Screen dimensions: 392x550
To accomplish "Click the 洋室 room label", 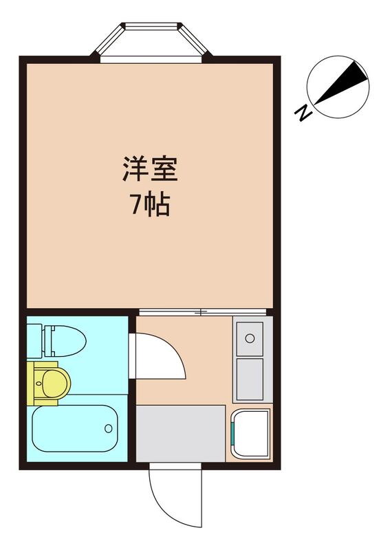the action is pyautogui.click(x=150, y=169).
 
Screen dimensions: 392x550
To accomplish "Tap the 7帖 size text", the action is pyautogui.click(x=150, y=204).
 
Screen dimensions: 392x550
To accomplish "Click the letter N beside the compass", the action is pyautogui.click(x=303, y=113).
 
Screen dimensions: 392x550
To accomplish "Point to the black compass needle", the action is pyautogui.click(x=341, y=82).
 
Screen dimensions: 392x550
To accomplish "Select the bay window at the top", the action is pyautogui.click(x=151, y=43).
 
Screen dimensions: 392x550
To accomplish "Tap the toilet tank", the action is pyautogui.click(x=35, y=341).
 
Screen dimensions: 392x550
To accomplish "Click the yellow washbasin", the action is pyautogui.click(x=49, y=384).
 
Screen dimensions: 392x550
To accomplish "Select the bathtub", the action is pyautogui.click(x=75, y=428).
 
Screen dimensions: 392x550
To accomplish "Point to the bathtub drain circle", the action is pyautogui.click(x=109, y=428).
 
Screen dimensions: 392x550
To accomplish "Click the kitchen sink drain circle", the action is pyautogui.click(x=250, y=338).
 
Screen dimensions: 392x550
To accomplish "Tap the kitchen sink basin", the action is pyautogui.click(x=250, y=338).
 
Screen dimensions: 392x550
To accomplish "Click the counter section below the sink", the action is pyautogui.click(x=250, y=379).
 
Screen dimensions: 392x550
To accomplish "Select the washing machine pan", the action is pyautogui.click(x=250, y=434).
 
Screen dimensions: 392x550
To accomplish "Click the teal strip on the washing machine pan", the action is pyautogui.click(x=232, y=434).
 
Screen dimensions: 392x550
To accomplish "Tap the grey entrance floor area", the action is pyautogui.click(x=180, y=434).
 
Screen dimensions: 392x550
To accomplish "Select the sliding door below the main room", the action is pyautogui.click(x=202, y=311).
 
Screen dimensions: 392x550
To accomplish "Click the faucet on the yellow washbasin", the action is pyautogui.click(x=38, y=384).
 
